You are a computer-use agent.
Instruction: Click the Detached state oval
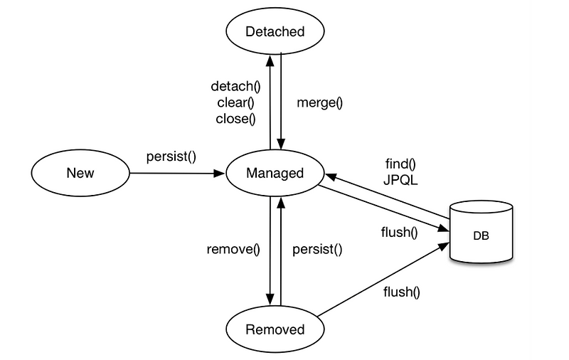(x=275, y=31)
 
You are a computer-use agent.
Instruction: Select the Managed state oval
(x=275, y=173)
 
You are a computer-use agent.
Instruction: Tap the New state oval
(x=80, y=173)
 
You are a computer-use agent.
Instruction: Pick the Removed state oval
(x=275, y=329)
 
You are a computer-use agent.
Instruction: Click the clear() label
(x=235, y=102)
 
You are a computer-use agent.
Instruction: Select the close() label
(x=235, y=118)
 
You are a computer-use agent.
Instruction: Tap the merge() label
(x=319, y=102)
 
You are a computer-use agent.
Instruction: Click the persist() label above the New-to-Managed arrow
(x=171, y=156)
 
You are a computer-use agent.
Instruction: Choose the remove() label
(x=233, y=249)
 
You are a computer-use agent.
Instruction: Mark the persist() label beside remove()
(x=317, y=249)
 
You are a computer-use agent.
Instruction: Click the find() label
(x=400, y=164)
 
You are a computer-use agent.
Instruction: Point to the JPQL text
(x=400, y=180)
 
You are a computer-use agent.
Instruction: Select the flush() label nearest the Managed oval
(x=400, y=231)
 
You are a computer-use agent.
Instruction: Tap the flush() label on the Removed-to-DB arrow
(x=402, y=292)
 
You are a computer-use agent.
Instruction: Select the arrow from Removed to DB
(x=384, y=279)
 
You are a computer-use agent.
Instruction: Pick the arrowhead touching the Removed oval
(x=270, y=299)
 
